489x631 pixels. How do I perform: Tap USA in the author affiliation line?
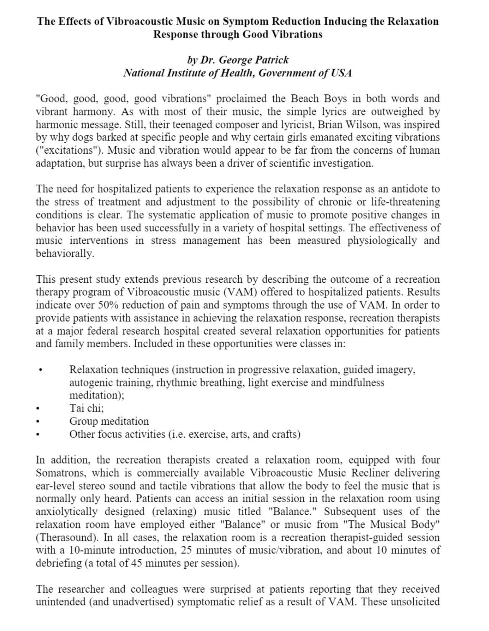point(341,73)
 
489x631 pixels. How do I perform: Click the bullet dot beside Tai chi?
point(39,409)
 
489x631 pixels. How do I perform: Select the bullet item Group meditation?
point(109,421)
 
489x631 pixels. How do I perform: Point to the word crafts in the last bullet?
point(285,434)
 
